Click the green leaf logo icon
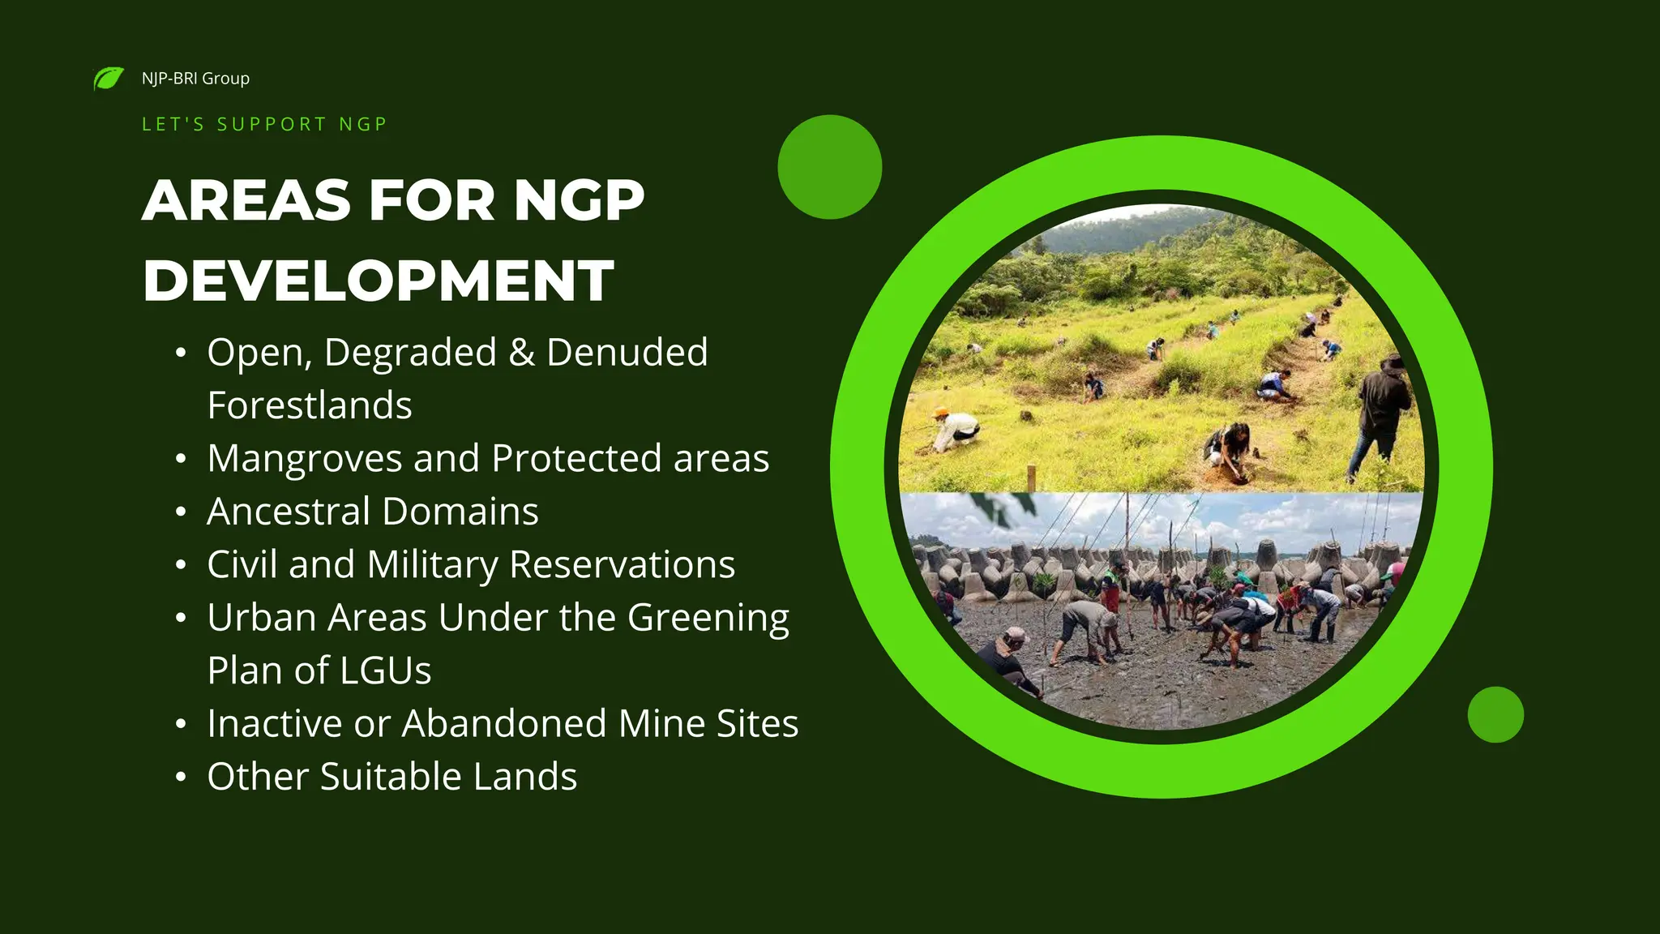[x=109, y=79]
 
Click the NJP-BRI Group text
[x=195, y=79]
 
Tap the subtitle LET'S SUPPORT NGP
[x=264, y=124]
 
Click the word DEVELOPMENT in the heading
[x=378, y=281]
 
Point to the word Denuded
[x=627, y=353]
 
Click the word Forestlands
[x=309, y=405]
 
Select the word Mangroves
[x=304, y=459]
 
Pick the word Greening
[x=708, y=618]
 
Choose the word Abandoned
[x=503, y=723]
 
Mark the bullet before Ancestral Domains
[x=181, y=512]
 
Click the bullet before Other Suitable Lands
[x=181, y=778]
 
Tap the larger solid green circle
[x=829, y=167]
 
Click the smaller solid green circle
[x=1495, y=714]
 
